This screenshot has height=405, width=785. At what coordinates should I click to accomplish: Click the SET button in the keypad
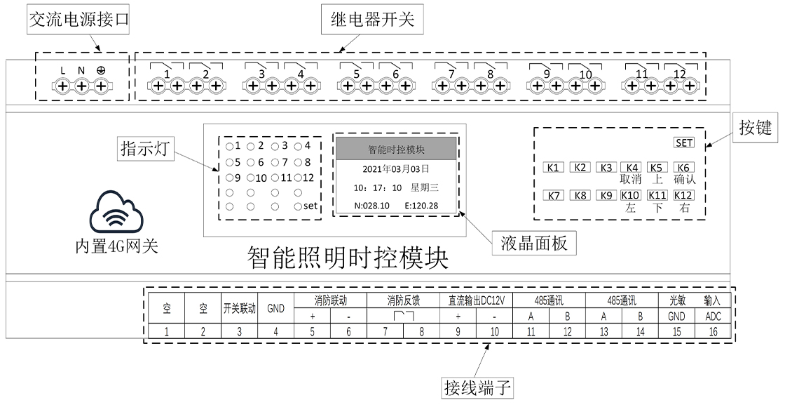[x=683, y=143]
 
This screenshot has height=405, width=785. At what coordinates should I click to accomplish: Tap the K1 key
[x=553, y=168]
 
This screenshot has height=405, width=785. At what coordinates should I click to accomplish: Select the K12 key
[x=683, y=196]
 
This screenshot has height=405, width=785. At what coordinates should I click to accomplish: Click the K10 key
[x=632, y=196]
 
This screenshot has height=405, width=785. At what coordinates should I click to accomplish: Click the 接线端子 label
[x=479, y=387]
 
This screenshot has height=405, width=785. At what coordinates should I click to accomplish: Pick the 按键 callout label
[x=755, y=127]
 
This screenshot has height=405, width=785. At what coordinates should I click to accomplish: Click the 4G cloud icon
[x=117, y=215]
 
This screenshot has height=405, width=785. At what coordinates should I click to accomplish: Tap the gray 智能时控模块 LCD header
[x=397, y=150]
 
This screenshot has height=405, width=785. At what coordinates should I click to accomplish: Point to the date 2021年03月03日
[x=397, y=169]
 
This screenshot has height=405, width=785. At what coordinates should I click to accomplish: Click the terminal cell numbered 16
[x=713, y=332]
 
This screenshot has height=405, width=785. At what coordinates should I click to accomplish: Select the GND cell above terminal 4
[x=275, y=308]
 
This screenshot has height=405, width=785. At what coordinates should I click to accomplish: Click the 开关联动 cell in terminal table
[x=239, y=308]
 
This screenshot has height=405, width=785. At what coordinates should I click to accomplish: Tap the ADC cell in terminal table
[x=713, y=317]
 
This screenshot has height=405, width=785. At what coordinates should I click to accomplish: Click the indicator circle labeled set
[x=299, y=206]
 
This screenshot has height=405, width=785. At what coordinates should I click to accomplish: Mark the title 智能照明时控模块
[x=348, y=259]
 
